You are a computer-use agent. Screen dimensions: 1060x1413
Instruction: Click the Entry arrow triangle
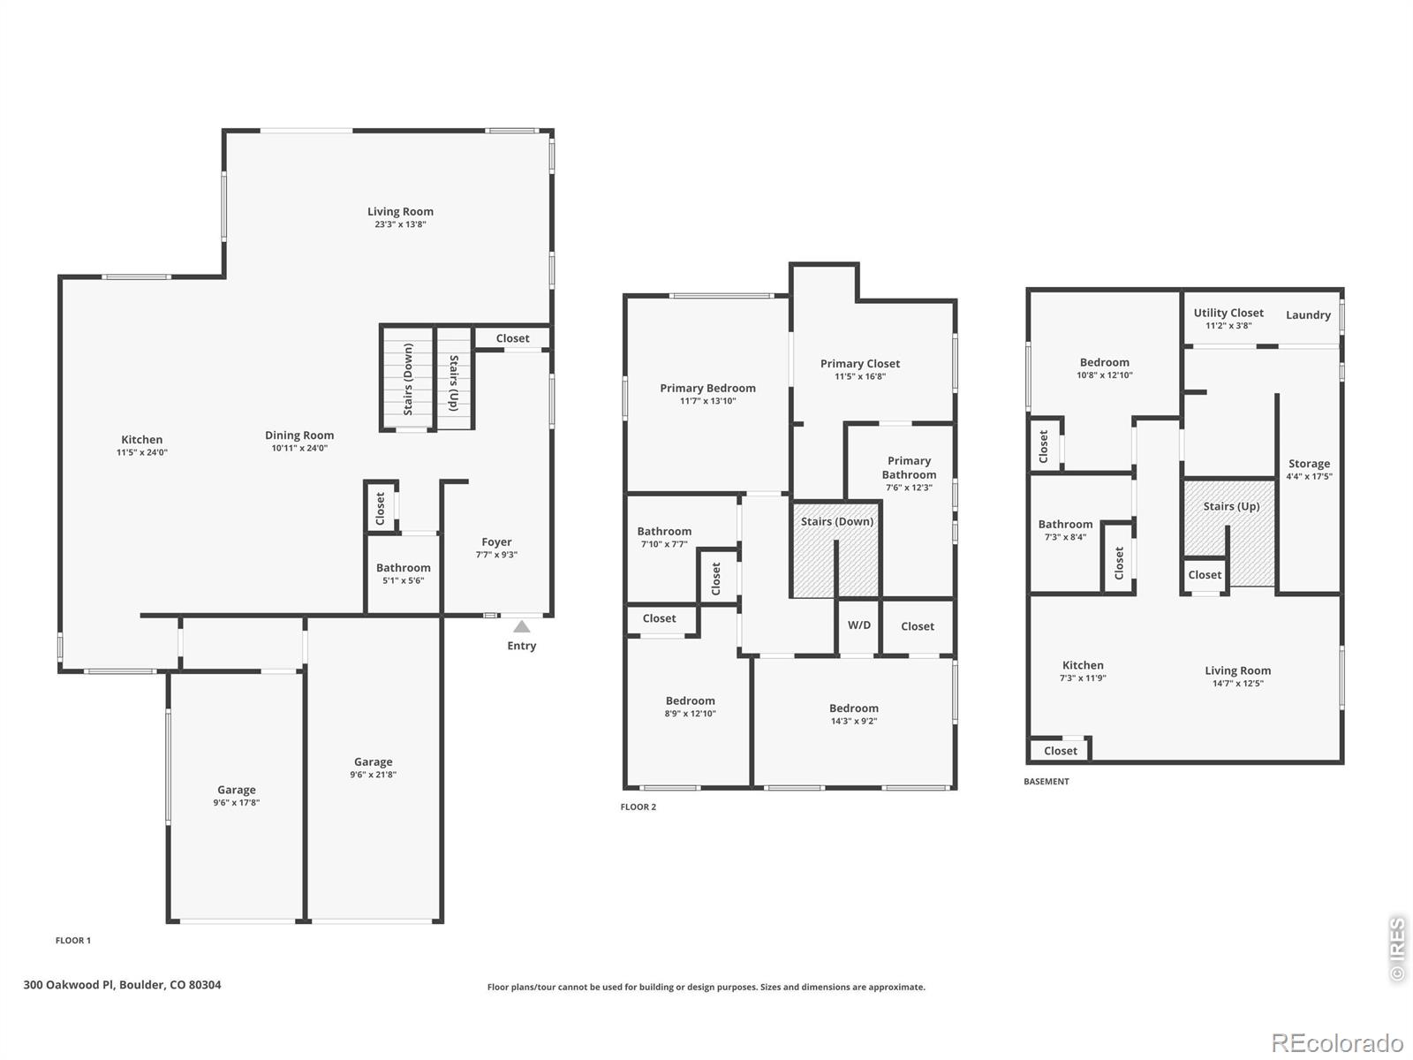click(522, 626)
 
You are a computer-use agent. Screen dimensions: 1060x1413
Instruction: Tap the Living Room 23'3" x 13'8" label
click(400, 217)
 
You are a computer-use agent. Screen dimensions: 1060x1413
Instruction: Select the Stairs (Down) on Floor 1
click(408, 379)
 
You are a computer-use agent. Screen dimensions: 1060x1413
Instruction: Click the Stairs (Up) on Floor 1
click(454, 382)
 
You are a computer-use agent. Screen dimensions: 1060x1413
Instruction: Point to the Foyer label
click(496, 542)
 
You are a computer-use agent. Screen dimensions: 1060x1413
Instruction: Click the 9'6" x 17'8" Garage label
click(236, 796)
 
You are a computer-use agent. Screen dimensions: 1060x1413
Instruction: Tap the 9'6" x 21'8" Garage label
click(373, 768)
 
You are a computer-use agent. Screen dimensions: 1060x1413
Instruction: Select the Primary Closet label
click(859, 364)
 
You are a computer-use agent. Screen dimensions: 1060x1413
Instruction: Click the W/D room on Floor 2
click(858, 625)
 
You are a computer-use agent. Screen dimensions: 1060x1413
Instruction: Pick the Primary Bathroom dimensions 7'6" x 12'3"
click(909, 488)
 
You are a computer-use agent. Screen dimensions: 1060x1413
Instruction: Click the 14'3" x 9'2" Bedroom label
click(853, 714)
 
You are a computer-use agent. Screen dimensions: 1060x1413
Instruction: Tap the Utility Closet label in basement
click(1228, 313)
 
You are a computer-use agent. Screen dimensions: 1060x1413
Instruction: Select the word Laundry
click(1308, 315)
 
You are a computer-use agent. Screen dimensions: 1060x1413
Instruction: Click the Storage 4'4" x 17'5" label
click(1309, 469)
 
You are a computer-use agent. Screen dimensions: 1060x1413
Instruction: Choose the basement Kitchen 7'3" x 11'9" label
click(1083, 671)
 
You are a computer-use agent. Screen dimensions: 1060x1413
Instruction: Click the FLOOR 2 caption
click(638, 806)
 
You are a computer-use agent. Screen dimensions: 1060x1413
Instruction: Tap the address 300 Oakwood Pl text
click(122, 984)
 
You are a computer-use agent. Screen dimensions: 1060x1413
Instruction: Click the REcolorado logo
click(1337, 1043)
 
